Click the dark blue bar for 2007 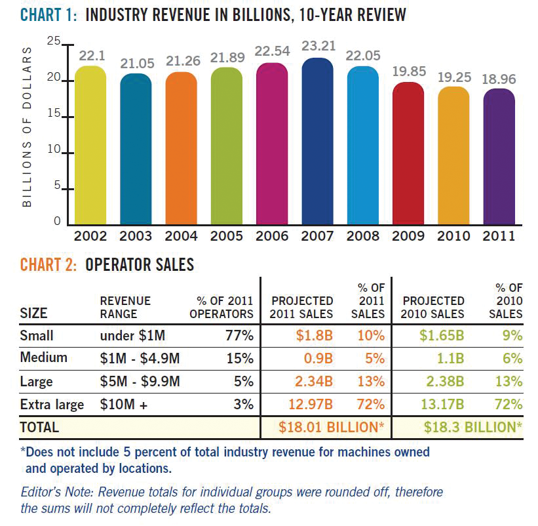(x=317, y=141)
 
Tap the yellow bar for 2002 (x=90, y=144)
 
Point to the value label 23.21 (x=318, y=47)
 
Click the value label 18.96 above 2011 (x=499, y=79)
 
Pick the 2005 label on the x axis (x=226, y=235)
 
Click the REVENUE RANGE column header (x=125, y=307)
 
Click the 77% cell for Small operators (x=240, y=336)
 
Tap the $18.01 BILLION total (x=332, y=428)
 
